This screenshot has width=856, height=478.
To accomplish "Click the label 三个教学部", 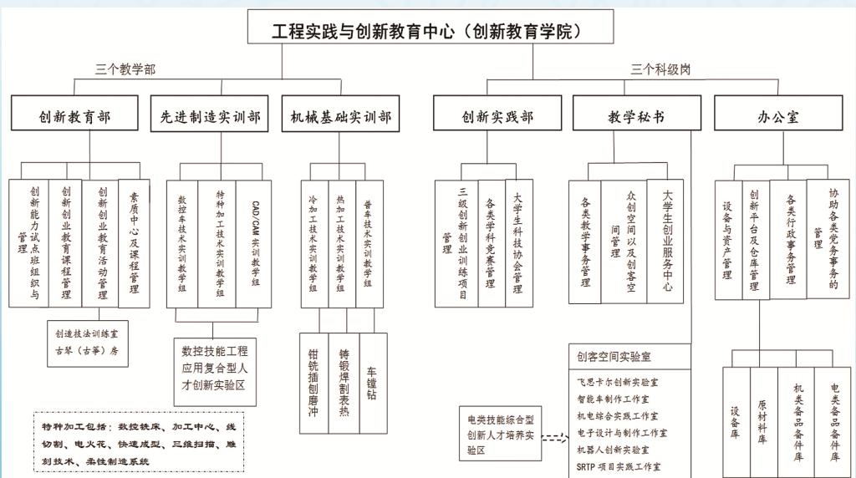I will tap(125, 69).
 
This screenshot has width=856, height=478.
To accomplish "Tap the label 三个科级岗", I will tap(660, 69).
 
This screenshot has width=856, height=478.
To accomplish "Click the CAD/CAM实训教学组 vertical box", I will tap(254, 243).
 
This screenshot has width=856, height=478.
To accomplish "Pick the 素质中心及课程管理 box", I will tap(134, 243).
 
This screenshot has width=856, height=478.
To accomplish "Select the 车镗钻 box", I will tap(373, 384).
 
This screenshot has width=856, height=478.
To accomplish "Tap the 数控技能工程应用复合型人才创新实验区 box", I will tap(213, 369).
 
